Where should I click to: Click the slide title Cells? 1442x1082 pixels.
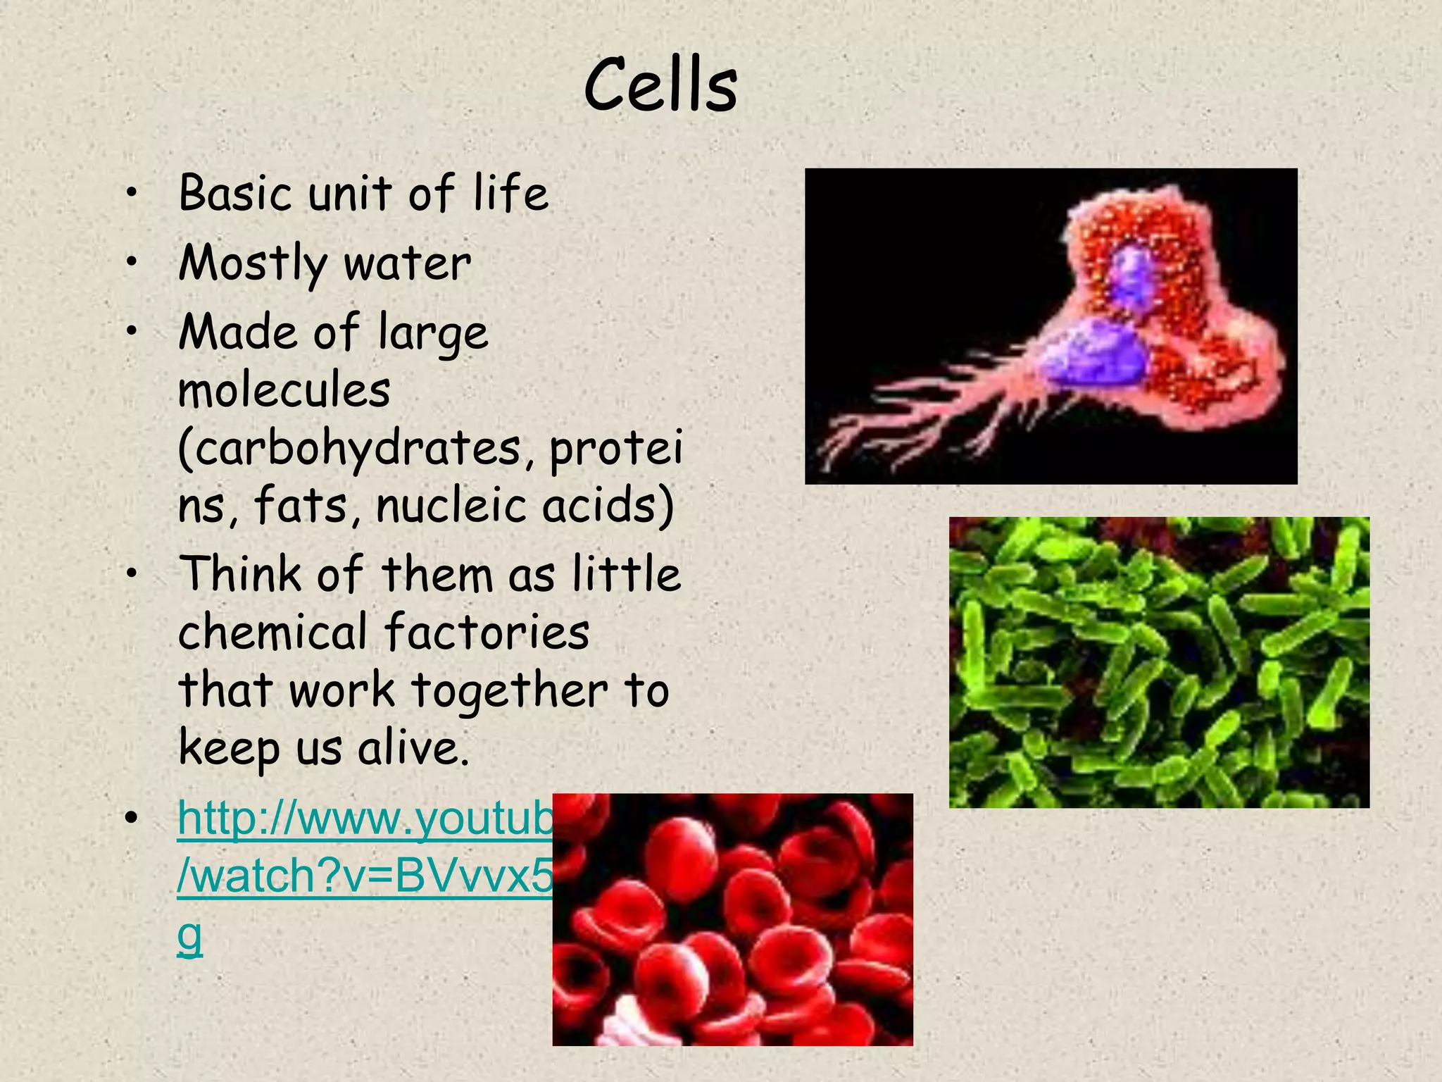660,86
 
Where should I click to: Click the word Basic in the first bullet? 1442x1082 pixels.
234,193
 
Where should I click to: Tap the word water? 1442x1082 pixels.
407,263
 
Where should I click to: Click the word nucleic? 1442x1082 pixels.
451,506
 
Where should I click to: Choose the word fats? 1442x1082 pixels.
301,506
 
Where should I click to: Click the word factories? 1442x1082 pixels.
487,631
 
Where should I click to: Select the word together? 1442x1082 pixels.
510,690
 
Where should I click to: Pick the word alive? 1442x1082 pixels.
413,747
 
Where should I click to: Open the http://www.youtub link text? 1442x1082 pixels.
365,819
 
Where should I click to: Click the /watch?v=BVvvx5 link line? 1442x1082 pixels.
365,876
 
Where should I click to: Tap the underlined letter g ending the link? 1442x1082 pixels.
189,937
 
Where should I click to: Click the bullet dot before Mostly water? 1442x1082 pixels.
131,263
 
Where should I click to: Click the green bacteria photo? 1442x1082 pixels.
1158,662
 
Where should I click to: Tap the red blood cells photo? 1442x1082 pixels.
732,919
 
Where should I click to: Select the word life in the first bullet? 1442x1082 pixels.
510,193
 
